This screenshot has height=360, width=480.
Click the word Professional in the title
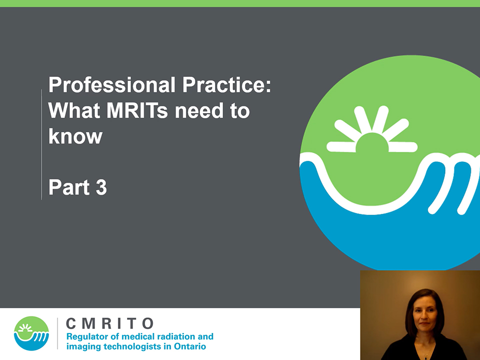coord(111,85)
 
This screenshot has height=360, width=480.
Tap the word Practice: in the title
coord(227,85)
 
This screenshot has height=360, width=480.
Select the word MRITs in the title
coord(137,110)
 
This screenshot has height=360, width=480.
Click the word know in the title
coord(75,136)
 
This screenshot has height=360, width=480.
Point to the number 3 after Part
coord(101,187)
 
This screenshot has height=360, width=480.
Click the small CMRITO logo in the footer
coord(31,333)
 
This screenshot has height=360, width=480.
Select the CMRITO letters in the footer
coord(110,323)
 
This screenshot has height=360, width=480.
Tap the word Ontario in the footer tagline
coord(190,346)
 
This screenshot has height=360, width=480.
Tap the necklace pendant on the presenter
coord(426,356)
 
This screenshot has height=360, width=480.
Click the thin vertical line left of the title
coord(41,144)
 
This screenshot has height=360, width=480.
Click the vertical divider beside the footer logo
coord(57,333)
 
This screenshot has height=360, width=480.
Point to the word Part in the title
coord(69,187)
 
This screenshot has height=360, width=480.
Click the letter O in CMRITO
coord(148,323)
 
